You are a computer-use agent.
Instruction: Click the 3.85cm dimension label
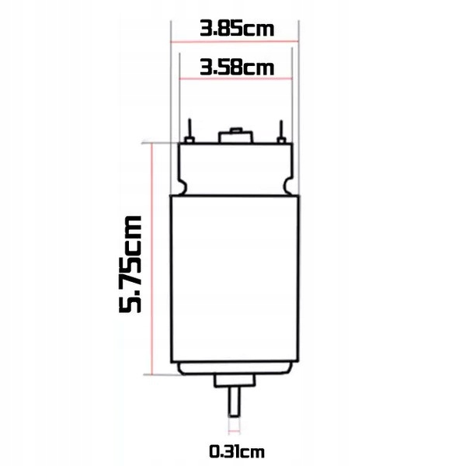[x=236, y=30]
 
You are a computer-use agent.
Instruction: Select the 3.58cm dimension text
[x=236, y=67]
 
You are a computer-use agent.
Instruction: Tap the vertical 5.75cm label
[x=134, y=264]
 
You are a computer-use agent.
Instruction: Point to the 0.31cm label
[x=235, y=450]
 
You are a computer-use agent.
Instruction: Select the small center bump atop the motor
[x=235, y=137]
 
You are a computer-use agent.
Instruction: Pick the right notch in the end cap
[x=288, y=186]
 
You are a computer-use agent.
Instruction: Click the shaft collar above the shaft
[x=234, y=381]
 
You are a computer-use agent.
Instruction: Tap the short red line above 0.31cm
[x=234, y=429]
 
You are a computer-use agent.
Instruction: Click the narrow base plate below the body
[x=234, y=369]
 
